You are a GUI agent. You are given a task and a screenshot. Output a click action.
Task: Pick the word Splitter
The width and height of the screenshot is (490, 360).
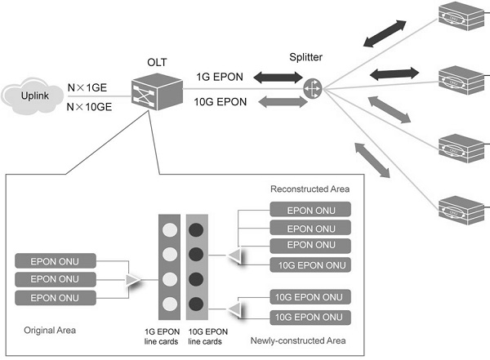click(x=307, y=57)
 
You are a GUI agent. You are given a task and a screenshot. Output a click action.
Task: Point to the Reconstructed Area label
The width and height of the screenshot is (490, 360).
click(x=305, y=189)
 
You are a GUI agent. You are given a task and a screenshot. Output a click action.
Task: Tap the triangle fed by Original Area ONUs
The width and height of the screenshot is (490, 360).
click(x=131, y=280)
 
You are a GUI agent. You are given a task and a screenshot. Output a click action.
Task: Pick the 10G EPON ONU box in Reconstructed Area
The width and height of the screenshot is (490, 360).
click(x=310, y=264)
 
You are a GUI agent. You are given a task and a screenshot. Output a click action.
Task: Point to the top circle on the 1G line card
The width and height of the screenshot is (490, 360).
click(x=168, y=229)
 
